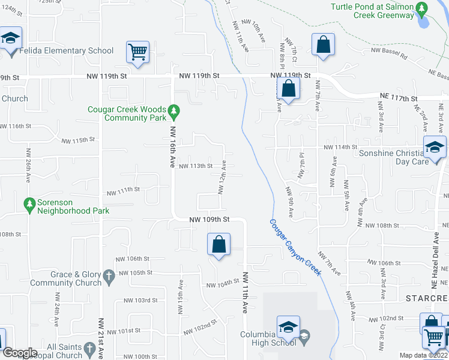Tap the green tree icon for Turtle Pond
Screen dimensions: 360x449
[x=422, y=8]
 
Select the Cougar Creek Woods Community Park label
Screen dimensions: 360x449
[x=127, y=113]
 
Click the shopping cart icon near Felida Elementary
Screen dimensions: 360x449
[x=137, y=52]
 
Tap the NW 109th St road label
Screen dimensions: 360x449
[x=209, y=220]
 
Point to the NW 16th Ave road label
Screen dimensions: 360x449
[x=173, y=142]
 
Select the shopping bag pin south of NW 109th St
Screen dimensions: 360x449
[x=218, y=245]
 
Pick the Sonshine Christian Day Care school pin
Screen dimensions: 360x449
[x=435, y=148]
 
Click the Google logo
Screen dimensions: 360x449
[x=20, y=353]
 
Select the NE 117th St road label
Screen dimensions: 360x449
[x=399, y=98]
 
